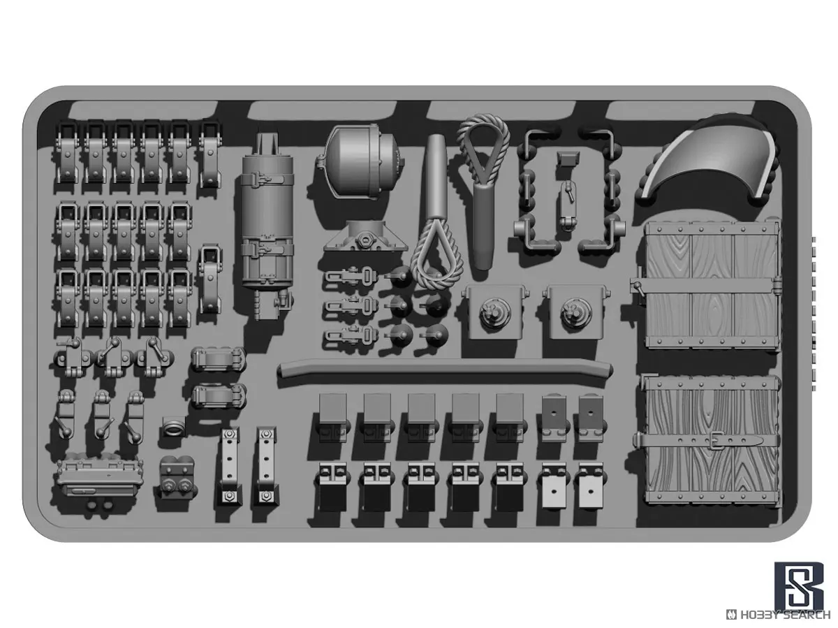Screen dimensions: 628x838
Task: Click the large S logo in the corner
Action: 799,586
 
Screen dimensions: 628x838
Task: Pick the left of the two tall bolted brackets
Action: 228,465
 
